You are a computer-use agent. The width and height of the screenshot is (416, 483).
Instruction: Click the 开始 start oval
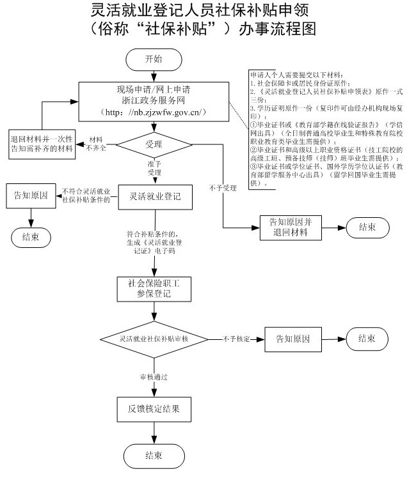point(153,59)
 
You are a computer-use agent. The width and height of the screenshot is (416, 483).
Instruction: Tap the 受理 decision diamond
point(153,144)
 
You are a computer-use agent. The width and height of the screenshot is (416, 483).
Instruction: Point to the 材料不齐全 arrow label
point(97,144)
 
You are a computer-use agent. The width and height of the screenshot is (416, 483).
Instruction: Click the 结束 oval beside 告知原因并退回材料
point(368,227)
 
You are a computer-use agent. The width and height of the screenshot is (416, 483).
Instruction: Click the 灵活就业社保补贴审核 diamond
point(153,338)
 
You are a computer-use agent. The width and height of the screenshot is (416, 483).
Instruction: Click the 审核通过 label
point(154,377)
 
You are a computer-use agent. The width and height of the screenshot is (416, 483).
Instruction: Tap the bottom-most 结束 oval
point(153,456)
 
